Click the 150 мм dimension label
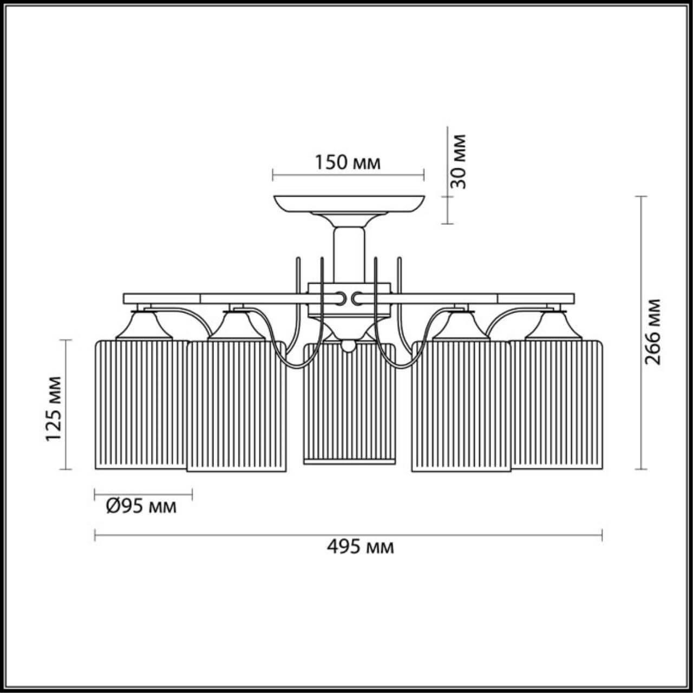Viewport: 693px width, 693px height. click(x=348, y=162)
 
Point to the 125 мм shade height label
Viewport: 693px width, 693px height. click(x=54, y=407)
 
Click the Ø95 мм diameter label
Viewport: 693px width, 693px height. click(x=141, y=506)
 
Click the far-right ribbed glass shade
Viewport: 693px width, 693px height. click(x=558, y=403)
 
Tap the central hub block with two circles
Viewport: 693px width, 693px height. click(x=349, y=298)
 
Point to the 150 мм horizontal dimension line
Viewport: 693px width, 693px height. click(x=348, y=175)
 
